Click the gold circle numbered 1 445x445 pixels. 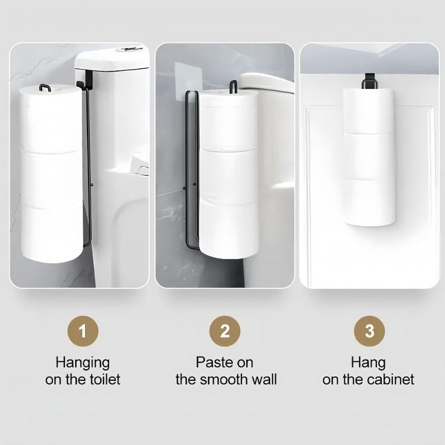[82, 332]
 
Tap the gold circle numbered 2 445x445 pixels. [225, 332]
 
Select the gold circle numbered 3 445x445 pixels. [369, 332]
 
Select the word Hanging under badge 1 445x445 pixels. [82, 362]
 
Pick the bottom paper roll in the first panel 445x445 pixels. [53, 234]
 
